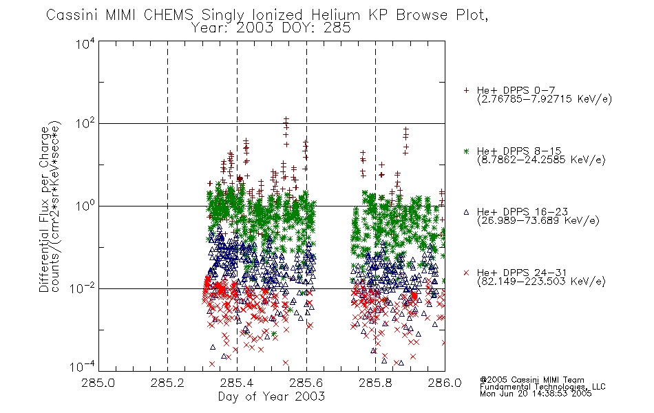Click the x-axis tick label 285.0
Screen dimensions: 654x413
[98, 383]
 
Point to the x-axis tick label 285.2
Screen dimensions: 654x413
[167, 383]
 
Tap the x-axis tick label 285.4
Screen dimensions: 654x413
[237, 383]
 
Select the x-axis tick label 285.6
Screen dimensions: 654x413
[306, 383]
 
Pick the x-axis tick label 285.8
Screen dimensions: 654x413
[375, 383]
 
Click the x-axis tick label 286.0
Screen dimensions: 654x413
[445, 383]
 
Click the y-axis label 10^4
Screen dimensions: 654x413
[85, 43]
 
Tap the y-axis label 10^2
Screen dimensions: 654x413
[85, 123]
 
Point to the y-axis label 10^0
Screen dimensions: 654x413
[85, 206]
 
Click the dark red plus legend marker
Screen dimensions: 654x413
[466, 90]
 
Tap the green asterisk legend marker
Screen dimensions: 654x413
[466, 151]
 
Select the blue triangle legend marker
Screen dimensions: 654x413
[466, 212]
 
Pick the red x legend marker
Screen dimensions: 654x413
[466, 273]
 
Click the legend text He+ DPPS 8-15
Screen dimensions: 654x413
[519, 151]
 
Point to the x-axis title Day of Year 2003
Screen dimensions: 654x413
[271, 396]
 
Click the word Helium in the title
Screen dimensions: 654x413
[335, 15]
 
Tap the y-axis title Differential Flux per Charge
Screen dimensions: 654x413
[44, 209]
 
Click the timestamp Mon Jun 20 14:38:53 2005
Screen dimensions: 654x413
[536, 394]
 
